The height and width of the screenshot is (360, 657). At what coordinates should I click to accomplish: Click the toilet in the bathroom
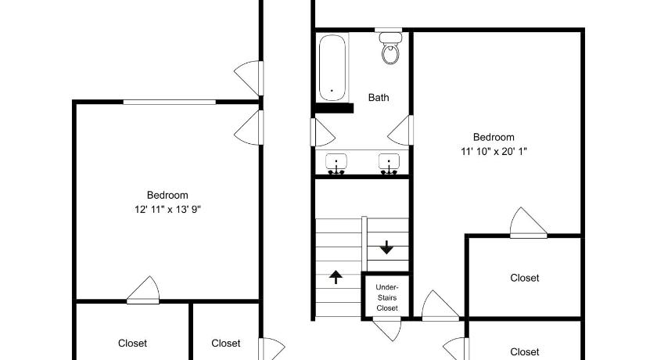390,49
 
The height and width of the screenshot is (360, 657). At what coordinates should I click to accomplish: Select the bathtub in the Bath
332,68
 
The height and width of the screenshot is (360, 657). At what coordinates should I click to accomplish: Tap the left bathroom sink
336,163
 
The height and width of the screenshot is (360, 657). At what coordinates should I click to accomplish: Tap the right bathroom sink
389,163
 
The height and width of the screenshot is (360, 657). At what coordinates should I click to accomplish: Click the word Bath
379,98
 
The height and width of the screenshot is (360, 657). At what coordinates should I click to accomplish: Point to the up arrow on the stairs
336,277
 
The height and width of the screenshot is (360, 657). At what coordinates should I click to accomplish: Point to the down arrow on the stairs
386,247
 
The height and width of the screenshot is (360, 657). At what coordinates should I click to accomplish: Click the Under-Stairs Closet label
386,297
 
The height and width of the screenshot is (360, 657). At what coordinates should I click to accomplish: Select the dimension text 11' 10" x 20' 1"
494,152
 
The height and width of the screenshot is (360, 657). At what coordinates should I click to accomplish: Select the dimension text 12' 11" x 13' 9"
167,210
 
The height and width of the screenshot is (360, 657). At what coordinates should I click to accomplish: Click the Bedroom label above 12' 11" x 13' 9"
167,196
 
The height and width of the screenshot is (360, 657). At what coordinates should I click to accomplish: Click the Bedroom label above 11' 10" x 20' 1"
494,138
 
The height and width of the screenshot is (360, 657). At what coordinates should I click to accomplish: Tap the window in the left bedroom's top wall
169,102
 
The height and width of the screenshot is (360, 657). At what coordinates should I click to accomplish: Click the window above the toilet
389,30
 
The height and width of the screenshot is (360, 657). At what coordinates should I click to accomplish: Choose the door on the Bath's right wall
401,131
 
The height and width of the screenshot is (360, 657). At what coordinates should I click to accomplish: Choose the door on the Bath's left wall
322,132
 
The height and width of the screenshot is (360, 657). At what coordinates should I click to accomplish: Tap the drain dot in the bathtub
332,90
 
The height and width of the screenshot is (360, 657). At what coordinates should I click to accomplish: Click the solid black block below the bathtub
335,108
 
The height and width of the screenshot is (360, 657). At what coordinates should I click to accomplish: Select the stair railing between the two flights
364,243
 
